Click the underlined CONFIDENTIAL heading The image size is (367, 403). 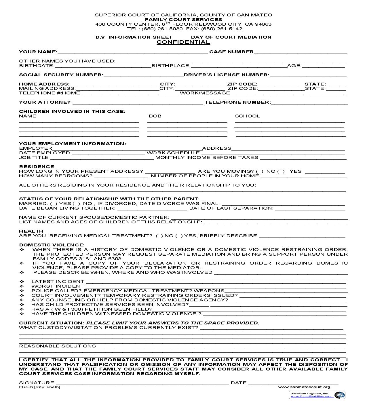(x=183, y=42)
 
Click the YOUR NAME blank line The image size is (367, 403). (x=132, y=52)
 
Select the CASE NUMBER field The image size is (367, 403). (x=301, y=52)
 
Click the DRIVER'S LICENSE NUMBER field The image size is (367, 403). (x=308, y=75)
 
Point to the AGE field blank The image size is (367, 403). (x=323, y=66)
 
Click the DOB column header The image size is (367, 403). (x=155, y=116)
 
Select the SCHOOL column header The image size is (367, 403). (x=247, y=116)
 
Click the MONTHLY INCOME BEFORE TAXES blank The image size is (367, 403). (x=303, y=158)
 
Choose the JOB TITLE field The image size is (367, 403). (x=102, y=158)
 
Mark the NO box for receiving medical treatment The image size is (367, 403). (x=159, y=236)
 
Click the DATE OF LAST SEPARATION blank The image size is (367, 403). (x=310, y=208)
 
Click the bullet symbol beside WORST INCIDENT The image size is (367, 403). (x=22, y=286)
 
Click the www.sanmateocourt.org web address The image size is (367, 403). (x=304, y=387)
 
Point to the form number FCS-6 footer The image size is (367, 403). (x=39, y=387)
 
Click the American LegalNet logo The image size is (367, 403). (x=317, y=395)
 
